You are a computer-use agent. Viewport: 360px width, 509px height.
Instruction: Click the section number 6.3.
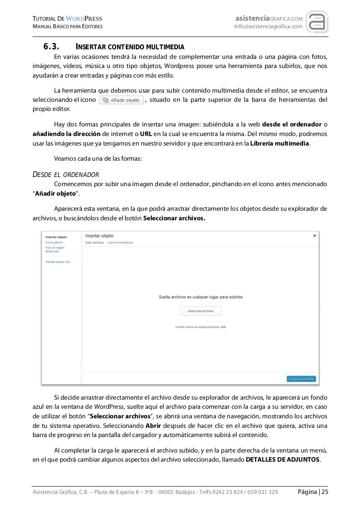point(51,47)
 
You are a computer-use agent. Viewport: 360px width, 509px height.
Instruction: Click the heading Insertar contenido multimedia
point(130,47)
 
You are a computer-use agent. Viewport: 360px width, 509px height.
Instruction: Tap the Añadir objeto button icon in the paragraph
point(121,100)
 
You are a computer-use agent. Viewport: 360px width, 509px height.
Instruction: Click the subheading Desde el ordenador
point(66,175)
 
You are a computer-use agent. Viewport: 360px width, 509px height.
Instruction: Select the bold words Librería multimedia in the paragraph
point(280,143)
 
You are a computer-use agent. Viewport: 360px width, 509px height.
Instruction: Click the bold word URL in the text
point(146,134)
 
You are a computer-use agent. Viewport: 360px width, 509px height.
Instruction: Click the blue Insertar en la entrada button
point(301,379)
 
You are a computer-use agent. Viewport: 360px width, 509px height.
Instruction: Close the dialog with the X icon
point(315,236)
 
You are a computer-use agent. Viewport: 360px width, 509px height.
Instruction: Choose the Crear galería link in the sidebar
point(54,242)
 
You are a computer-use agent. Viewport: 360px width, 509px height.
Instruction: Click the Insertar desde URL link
point(58,262)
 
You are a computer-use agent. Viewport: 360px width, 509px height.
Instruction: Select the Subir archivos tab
point(94,243)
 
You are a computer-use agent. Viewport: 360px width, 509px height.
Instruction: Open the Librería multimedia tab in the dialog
point(120,243)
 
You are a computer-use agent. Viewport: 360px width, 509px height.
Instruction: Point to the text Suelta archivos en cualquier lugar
point(200,297)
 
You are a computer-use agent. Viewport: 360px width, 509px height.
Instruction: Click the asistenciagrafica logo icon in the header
point(317,22)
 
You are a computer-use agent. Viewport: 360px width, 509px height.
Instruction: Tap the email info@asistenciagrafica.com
point(268,27)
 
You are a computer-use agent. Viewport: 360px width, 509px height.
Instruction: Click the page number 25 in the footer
point(325,492)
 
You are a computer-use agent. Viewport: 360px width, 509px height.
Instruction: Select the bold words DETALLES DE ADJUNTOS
point(282,459)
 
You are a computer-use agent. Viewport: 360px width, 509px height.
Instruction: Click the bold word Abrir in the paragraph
point(153,425)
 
